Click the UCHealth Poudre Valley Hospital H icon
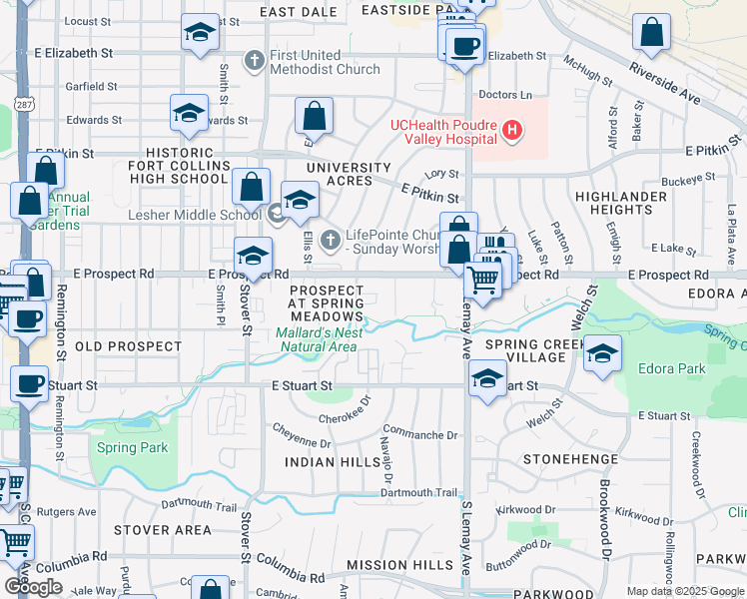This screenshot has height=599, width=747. pos(512,130)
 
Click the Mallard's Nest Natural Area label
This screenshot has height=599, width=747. pos(317,340)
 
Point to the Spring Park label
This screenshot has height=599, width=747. pos(133,447)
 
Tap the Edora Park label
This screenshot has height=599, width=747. pos(672,368)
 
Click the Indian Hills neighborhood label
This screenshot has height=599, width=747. pos(324,462)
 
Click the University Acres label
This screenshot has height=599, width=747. pos(349,174)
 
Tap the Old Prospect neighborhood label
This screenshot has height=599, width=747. pos(129,346)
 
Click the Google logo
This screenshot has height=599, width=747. pos(33,587)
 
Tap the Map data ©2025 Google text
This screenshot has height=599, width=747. pos(684,591)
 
